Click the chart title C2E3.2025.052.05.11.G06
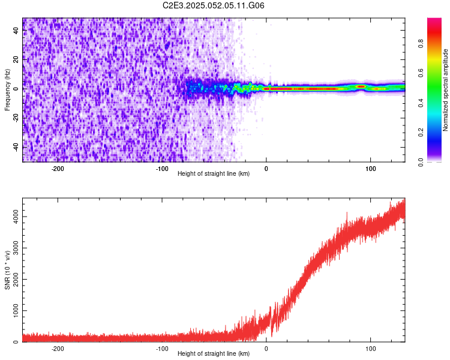214,5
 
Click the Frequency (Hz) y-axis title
7,89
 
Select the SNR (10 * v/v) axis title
7,269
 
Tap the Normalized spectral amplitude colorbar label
446,90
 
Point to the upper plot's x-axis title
214,173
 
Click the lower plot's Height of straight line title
214,353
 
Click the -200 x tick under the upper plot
58,169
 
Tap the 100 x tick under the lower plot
371,349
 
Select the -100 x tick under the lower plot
162,349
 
